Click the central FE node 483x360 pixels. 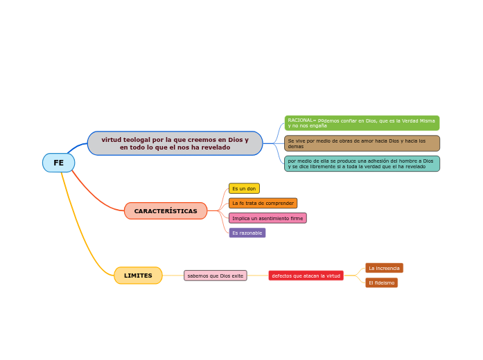coord(58,163)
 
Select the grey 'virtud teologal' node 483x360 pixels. coord(175,143)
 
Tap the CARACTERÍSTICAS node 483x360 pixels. coord(166,211)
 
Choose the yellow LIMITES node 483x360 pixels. coord(138,276)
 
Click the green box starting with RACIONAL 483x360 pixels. coord(362,123)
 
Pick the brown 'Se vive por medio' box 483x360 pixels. coord(362,143)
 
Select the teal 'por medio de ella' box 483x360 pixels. coord(362,163)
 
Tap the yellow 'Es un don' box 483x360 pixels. coord(244,188)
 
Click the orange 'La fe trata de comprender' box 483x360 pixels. coord(263,204)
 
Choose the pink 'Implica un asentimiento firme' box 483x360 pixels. coord(267,218)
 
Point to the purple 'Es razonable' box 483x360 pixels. coord(247,233)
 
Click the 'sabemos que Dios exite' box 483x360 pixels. coord(216,276)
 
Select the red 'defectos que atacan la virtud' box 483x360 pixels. coord(306,276)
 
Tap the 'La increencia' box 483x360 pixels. coord(384,268)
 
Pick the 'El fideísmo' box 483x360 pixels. coord(381,282)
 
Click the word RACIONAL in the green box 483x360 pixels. coord(299,120)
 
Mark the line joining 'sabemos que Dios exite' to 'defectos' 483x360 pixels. coord(258,276)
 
